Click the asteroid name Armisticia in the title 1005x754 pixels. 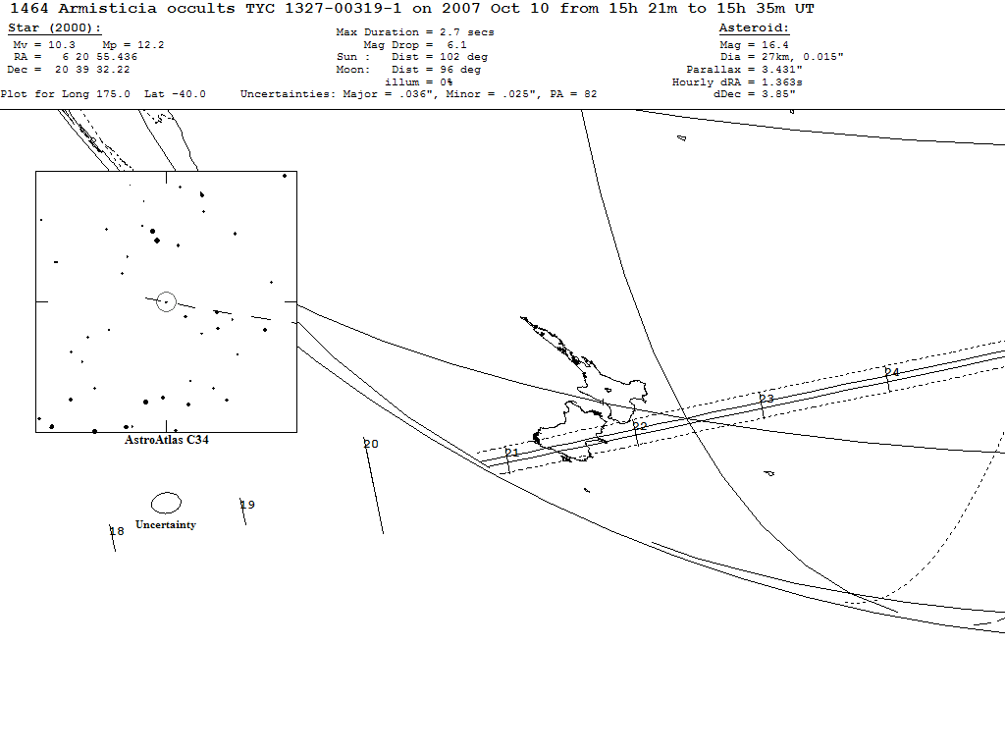coord(107,8)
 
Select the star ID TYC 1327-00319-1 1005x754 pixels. coord(324,8)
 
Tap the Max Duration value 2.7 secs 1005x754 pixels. coord(466,32)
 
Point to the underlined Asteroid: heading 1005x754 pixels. coord(754,27)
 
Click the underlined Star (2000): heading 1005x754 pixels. coord(55,28)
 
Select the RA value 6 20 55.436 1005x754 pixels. coord(100,56)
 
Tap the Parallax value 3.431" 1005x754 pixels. coord(782,70)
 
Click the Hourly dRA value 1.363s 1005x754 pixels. coord(782,82)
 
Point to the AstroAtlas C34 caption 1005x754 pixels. coord(167,440)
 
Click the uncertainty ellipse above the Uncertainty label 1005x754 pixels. coord(166,493)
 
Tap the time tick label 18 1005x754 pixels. coord(117,531)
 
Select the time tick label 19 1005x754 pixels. coord(247,505)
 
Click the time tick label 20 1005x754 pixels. coord(371,444)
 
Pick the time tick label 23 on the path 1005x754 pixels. coord(767,399)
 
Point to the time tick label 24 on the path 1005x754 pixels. coord(892,372)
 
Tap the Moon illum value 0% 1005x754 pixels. coord(447,82)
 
